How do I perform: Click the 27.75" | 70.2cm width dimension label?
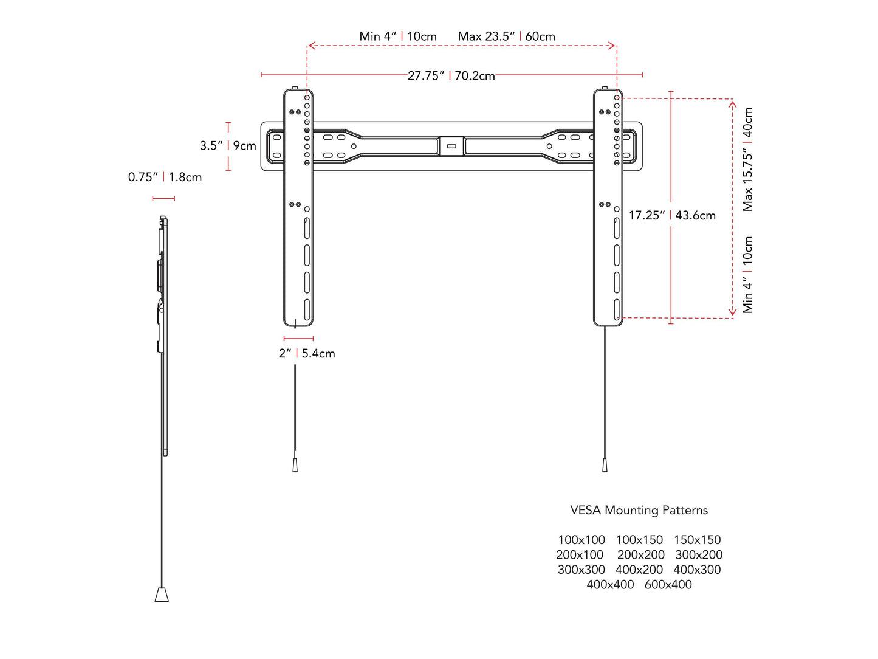[451, 76]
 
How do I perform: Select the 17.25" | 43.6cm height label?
[672, 215]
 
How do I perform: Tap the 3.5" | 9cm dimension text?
[228, 146]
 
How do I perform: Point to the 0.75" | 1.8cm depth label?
[165, 178]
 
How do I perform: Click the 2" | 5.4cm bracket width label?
[307, 354]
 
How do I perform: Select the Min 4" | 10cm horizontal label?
[398, 36]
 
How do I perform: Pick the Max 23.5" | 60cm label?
[506, 36]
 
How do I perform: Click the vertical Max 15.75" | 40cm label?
[748, 159]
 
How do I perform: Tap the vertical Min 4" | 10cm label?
[748, 275]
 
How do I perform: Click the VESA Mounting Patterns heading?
[639, 511]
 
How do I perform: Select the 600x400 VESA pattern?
[668, 585]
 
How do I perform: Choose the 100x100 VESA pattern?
[581, 540]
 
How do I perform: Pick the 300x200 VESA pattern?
[699, 555]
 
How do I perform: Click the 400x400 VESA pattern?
[610, 585]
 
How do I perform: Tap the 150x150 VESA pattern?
[697, 540]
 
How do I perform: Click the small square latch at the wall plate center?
[451, 147]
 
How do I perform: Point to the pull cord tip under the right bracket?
[605, 465]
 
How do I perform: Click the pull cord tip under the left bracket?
[295, 465]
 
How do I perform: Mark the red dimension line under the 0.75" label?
[163, 198]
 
